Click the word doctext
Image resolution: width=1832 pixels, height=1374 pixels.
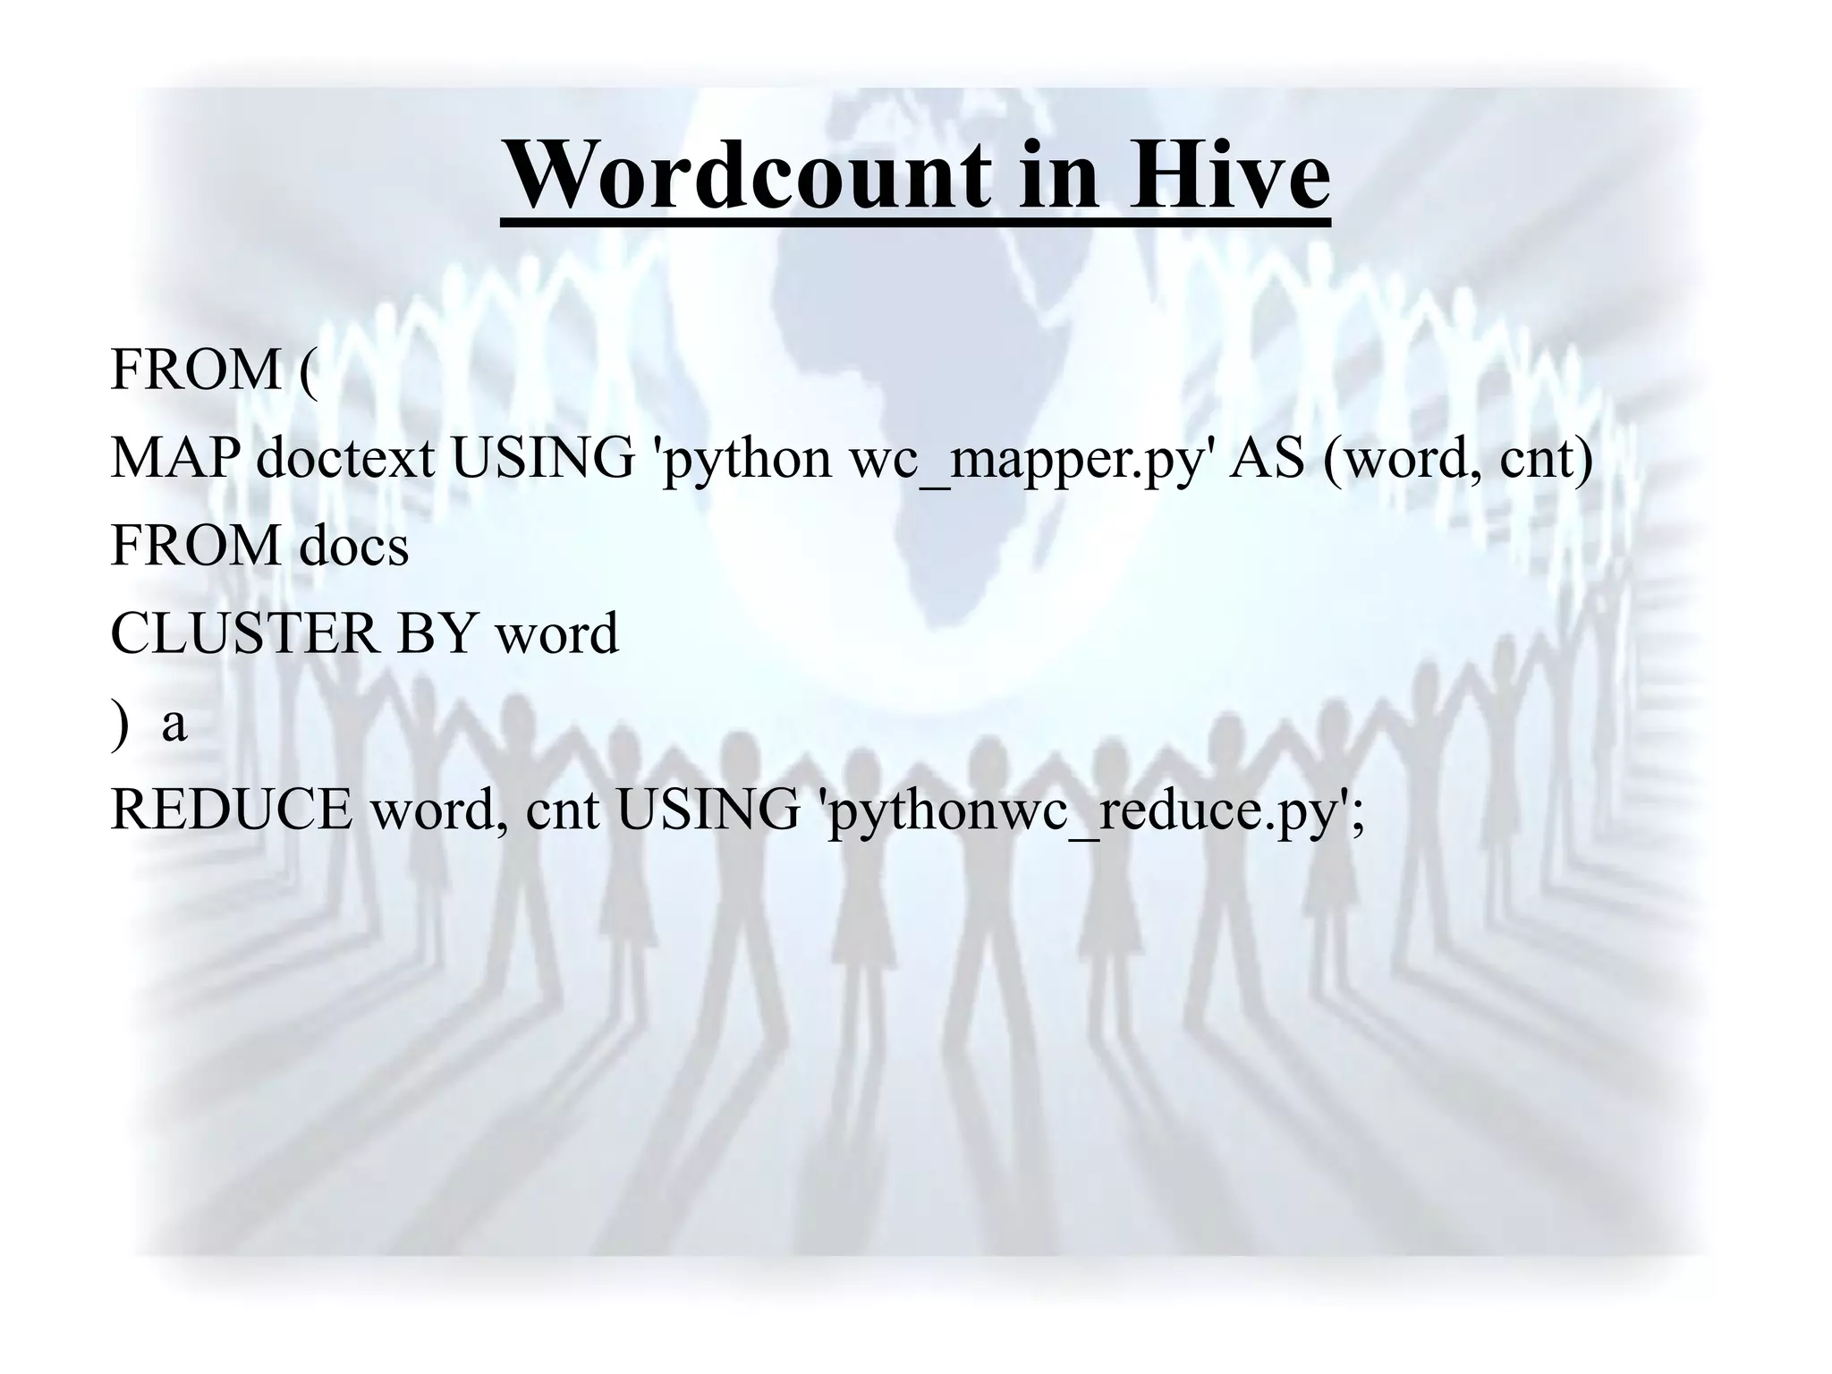pyautogui.click(x=345, y=458)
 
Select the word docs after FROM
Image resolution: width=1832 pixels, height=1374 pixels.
pyautogui.click(x=354, y=546)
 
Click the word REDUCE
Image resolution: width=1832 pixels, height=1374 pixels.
pyautogui.click(x=231, y=810)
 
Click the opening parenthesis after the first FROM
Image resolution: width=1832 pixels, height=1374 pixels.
pyautogui.click(x=307, y=372)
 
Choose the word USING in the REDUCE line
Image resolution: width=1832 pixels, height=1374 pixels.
pyautogui.click(x=708, y=810)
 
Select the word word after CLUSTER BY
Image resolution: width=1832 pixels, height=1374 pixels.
pyautogui.click(x=556, y=633)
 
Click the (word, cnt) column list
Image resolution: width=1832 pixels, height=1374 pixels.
pyautogui.click(x=1458, y=460)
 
